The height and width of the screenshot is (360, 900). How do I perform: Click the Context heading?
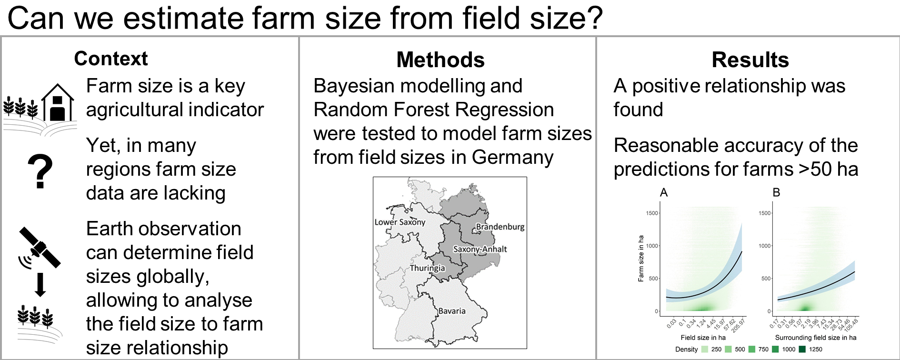[111, 59]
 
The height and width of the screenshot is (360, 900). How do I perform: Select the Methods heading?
[440, 60]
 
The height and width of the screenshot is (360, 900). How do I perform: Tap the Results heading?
[750, 60]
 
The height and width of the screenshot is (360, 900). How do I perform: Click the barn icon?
[58, 102]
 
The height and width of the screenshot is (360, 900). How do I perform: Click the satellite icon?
[39, 248]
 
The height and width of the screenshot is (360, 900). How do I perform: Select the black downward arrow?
[40, 285]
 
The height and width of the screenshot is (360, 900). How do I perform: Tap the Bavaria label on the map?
[452, 311]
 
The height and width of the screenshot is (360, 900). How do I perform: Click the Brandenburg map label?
[500, 227]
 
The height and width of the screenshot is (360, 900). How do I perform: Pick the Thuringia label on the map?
[427, 268]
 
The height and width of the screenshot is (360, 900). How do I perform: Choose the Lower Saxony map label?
[400, 222]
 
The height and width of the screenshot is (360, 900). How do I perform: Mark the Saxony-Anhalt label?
[480, 249]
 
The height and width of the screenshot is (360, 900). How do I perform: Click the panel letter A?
[664, 193]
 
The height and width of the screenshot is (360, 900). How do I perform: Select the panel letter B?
[776, 193]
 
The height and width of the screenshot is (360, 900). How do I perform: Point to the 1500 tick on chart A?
[652, 213]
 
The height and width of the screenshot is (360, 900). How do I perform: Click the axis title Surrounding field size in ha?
[816, 338]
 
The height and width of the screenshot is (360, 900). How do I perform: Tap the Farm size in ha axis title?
[641, 259]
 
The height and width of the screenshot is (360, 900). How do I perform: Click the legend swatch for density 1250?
[802, 349]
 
